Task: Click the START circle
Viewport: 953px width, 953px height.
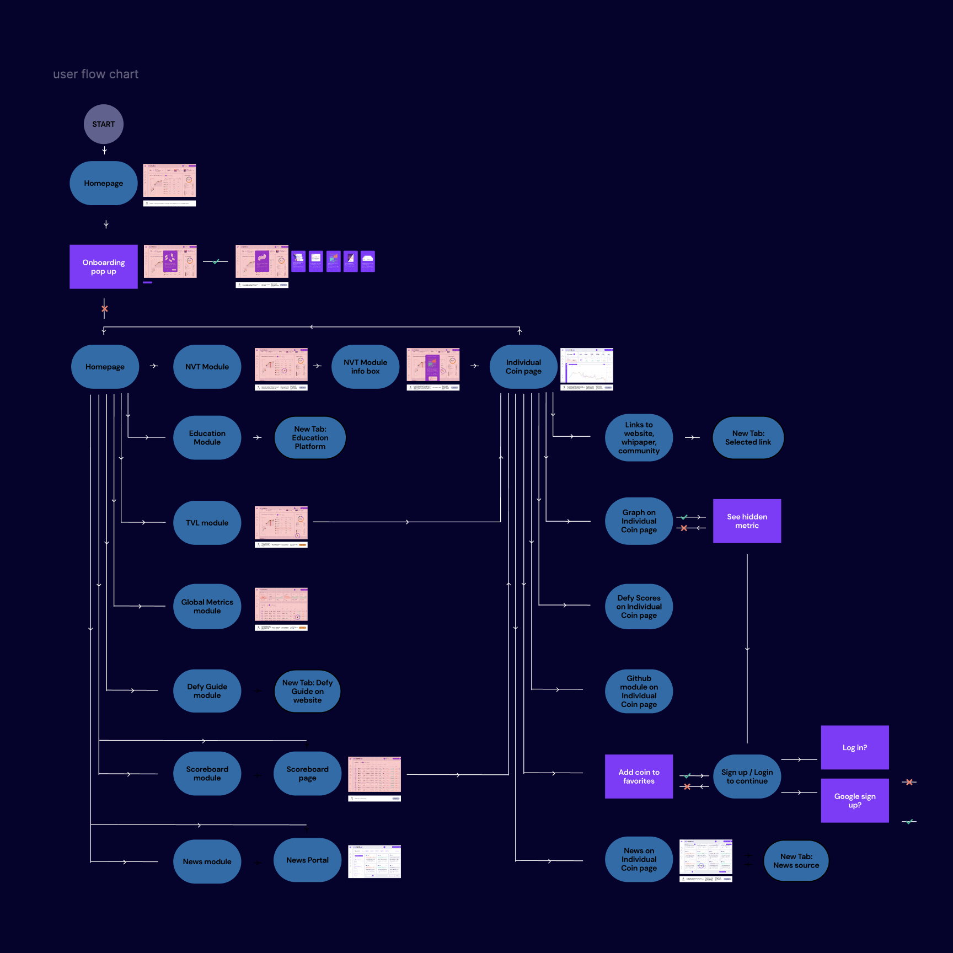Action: pos(104,124)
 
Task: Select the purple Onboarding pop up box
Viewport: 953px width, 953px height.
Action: pos(104,267)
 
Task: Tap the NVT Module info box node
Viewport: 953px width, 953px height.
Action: pos(365,367)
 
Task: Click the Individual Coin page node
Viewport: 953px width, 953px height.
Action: pos(523,367)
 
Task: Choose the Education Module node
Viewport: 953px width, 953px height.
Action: pos(207,438)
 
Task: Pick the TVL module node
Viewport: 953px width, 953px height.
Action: pos(207,523)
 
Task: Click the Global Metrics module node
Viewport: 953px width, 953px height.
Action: pos(207,607)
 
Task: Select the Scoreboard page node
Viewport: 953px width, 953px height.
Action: pos(307,774)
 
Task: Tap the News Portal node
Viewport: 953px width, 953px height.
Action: pos(307,860)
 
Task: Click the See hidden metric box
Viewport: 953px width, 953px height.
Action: pos(747,521)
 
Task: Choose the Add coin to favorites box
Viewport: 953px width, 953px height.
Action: pos(639,777)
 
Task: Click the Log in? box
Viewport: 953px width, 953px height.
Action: pos(854,748)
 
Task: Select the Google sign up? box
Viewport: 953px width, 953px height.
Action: pos(854,801)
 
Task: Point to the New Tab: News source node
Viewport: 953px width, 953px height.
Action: pos(796,861)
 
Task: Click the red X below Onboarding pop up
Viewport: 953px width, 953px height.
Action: pos(104,309)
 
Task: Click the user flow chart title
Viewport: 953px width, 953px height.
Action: pos(95,74)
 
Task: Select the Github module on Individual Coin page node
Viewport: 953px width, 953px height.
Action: pos(639,692)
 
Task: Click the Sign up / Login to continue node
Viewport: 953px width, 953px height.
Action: pos(747,777)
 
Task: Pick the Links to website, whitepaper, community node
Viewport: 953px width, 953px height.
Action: pos(639,438)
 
